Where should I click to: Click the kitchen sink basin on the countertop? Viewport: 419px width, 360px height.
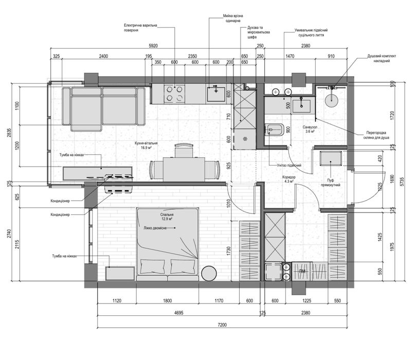[216, 94]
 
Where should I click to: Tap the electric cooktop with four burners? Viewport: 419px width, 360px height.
[174, 94]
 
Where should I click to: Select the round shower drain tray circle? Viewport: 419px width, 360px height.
[332, 100]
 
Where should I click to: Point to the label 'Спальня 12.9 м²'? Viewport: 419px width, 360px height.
[167, 217]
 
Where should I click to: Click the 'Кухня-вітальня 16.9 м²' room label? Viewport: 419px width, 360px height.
[146, 145]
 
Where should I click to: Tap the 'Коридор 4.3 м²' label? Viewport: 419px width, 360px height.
[289, 179]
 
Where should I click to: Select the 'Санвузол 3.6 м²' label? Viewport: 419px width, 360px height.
[309, 129]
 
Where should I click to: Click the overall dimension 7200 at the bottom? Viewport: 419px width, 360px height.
[222, 325]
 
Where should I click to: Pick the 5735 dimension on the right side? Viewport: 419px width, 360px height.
[402, 182]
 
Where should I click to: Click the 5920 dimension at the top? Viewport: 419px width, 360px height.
[153, 46]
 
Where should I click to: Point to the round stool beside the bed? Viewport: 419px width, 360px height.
[209, 274]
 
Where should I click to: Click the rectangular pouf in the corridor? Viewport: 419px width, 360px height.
[331, 158]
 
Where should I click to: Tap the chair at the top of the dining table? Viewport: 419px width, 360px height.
[184, 151]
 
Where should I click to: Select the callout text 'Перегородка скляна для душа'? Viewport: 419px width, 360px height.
[376, 135]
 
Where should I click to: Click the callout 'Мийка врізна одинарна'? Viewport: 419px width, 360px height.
[233, 18]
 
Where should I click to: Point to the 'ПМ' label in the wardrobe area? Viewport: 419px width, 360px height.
[302, 271]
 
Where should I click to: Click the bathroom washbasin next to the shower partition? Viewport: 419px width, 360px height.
[301, 106]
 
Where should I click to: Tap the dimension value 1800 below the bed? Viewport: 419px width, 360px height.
[167, 301]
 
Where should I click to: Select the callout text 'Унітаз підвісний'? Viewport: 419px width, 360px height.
[289, 165]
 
